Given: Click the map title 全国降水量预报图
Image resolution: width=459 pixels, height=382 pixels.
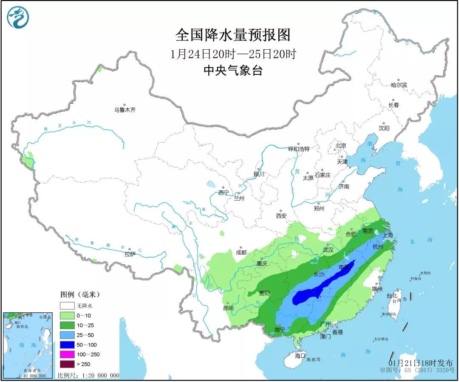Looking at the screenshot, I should coord(232,35).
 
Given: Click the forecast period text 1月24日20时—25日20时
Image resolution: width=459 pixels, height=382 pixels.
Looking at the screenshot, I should coord(232,54).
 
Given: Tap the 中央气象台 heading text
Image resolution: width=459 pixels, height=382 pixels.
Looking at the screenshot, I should coord(232,71).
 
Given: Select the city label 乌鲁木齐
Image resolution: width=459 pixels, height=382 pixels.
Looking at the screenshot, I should coord(125,110).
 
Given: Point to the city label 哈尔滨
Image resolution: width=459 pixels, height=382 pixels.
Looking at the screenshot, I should coord(399,85).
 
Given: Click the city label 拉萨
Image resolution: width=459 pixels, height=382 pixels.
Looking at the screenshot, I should coord(130,254).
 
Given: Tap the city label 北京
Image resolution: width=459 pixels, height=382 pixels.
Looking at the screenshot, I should coord(341,146).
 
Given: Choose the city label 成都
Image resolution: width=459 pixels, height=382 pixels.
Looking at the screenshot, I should coord(241,252).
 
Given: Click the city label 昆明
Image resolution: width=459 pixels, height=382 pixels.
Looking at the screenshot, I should coord(228,308).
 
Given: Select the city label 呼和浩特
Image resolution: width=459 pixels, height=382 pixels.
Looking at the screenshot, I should coord(299,149).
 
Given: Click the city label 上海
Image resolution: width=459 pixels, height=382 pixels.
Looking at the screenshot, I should coord(388,235).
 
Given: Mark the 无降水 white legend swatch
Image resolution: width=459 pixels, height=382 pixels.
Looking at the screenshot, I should coord(67,306).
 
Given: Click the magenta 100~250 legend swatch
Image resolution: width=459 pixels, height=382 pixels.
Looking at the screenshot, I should coord(67,354).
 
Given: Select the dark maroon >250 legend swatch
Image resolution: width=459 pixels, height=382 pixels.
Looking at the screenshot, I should coord(67,364).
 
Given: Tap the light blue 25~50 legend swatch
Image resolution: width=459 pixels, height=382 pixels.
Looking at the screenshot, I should coord(67,335).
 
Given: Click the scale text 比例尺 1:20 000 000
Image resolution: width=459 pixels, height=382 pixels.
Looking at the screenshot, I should coord(88,376).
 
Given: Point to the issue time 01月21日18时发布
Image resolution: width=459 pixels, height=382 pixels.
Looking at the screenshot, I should coord(421,362).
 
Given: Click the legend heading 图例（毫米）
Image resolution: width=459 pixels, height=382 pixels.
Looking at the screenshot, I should coord(79,294).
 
